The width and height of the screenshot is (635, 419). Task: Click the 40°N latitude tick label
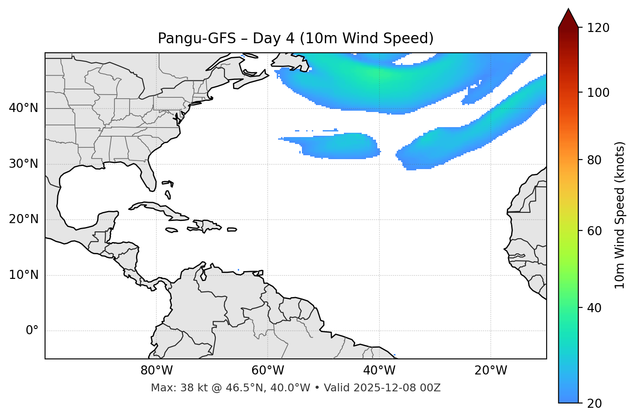(x=23, y=108)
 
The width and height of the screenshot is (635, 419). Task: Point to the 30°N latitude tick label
(x=23, y=164)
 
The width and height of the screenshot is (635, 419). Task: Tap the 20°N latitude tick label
(x=23, y=219)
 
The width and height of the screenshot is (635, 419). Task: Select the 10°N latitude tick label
(x=23, y=275)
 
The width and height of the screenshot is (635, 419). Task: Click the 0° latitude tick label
(x=32, y=331)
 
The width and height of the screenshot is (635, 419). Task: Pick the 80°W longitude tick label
(x=156, y=371)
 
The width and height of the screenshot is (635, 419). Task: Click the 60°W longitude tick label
(x=268, y=371)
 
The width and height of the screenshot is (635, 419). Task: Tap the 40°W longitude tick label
(x=379, y=371)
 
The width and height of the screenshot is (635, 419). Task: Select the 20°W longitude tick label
(x=491, y=371)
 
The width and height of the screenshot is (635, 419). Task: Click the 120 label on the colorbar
(x=598, y=28)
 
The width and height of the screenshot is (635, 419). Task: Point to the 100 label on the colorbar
(x=598, y=93)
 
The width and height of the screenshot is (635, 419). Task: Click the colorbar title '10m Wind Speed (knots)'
(x=620, y=215)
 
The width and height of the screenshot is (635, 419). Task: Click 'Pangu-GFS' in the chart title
(x=197, y=38)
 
